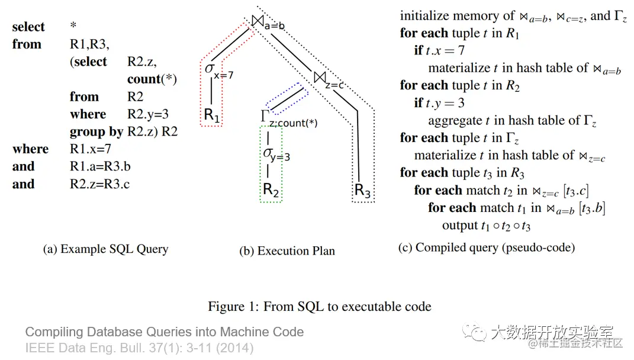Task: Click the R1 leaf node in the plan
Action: pyautogui.click(x=211, y=115)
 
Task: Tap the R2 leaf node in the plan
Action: pyautogui.click(x=271, y=189)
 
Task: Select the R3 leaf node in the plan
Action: pyautogui.click(x=362, y=191)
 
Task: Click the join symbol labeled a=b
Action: pyautogui.click(x=258, y=21)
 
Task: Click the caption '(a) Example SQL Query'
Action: pyautogui.click(x=105, y=249)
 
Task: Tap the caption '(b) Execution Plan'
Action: pyautogui.click(x=287, y=250)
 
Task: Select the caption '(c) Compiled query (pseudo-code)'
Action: pyautogui.click(x=486, y=247)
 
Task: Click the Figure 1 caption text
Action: pyautogui.click(x=319, y=307)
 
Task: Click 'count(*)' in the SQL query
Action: pyautogui.click(x=152, y=79)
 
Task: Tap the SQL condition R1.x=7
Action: pyautogui.click(x=90, y=149)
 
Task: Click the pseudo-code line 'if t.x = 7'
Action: pyautogui.click(x=439, y=51)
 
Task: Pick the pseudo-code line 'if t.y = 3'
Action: pyautogui.click(x=439, y=103)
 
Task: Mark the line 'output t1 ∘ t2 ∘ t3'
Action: pyautogui.click(x=486, y=226)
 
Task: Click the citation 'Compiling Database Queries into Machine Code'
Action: pyautogui.click(x=165, y=332)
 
